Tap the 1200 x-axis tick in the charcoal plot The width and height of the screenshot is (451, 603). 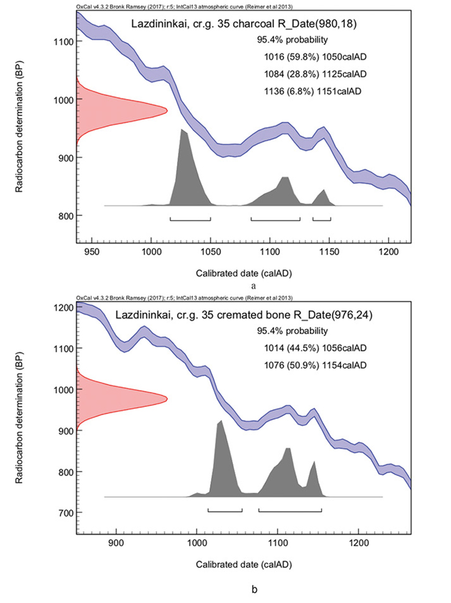point(388,244)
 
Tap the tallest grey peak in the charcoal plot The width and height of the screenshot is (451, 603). point(183,130)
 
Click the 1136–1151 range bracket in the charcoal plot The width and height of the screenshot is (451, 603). point(321,219)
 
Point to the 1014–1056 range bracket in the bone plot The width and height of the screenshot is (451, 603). point(225,510)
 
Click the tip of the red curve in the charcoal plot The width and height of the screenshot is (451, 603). point(167,110)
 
